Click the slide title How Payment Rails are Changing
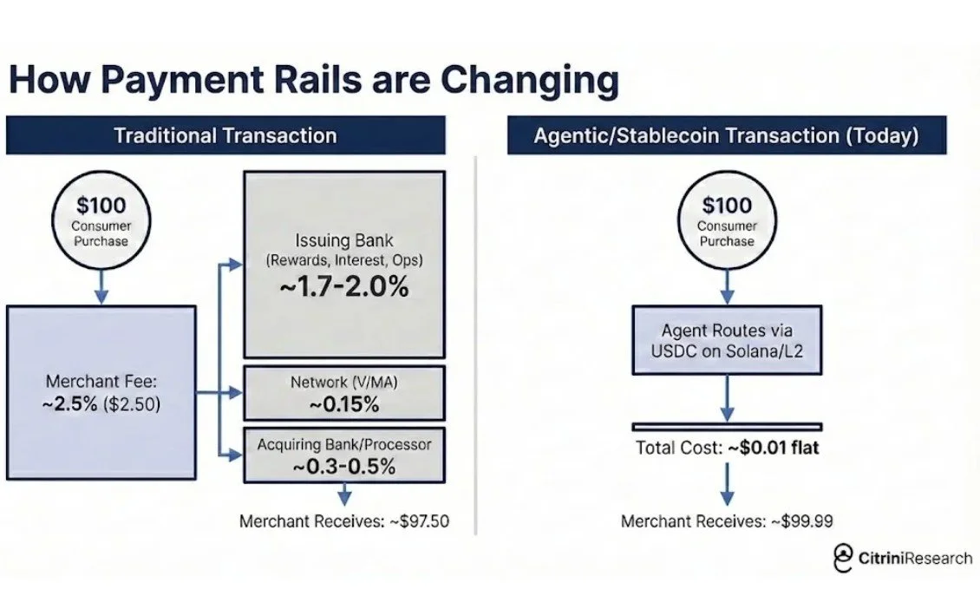pos(313,80)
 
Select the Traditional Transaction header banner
pos(225,135)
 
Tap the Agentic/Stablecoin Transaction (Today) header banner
pos(726,135)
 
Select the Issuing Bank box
pos(344,264)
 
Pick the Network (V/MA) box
pos(344,393)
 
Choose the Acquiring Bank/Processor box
pos(344,455)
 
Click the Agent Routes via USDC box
pos(727,340)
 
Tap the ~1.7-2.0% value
pos(344,287)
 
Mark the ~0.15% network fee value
pos(344,403)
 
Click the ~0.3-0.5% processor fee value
pos(344,466)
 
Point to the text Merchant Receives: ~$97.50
pos(344,521)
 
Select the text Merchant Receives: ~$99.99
pos(727,521)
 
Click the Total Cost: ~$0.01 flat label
pos(727,449)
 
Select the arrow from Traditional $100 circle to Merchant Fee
pos(101,286)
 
